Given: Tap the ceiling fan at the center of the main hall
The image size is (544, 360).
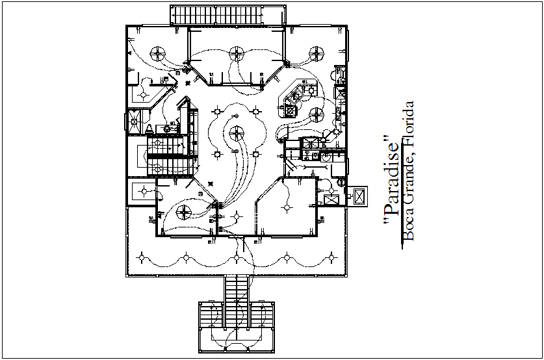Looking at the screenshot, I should pos(237,135).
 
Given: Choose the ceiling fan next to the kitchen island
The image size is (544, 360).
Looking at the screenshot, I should pos(317,114).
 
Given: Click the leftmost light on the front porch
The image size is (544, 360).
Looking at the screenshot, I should pos(140,259).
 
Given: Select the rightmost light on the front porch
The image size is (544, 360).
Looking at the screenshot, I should pos(334,259).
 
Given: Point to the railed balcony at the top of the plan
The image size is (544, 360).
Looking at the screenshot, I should pos(227,15).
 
